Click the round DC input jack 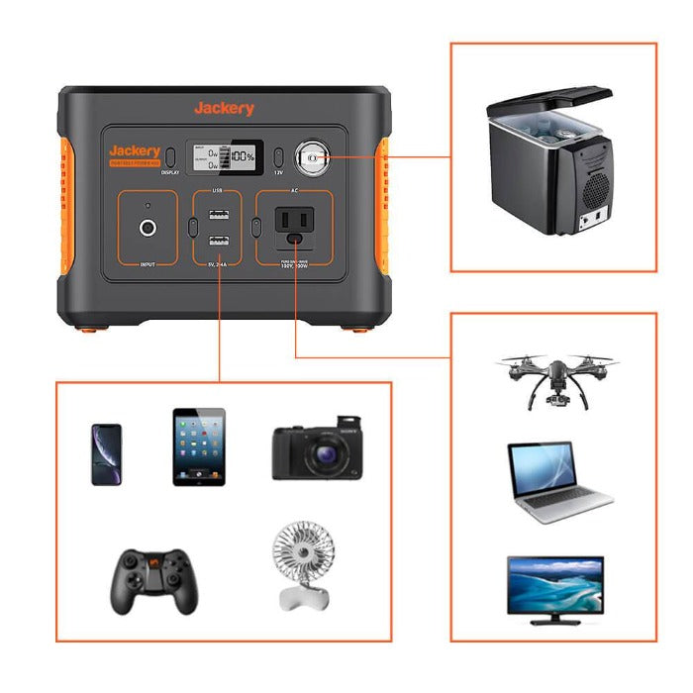(x=148, y=228)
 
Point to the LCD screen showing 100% (x=226, y=155)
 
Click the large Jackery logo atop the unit (x=224, y=108)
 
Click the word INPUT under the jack (x=148, y=264)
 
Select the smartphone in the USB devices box (x=106, y=454)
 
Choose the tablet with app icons (x=199, y=446)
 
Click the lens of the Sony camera (x=324, y=456)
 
